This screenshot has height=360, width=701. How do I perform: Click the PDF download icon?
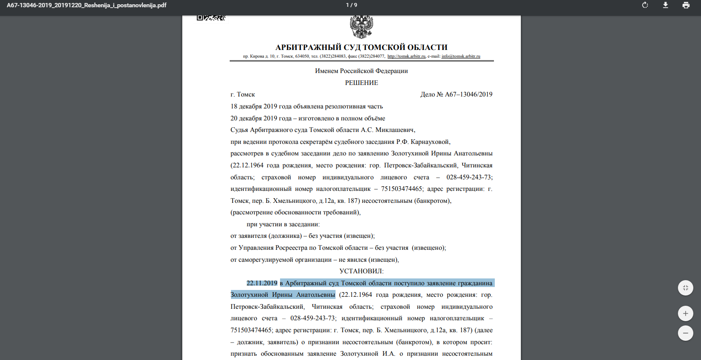point(666,5)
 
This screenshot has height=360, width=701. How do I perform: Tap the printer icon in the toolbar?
point(686,5)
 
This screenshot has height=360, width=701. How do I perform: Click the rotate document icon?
point(645,5)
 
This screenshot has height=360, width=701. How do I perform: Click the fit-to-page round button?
point(685,288)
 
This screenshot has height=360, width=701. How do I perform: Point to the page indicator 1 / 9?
point(351,5)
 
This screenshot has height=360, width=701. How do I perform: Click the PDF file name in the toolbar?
point(87,5)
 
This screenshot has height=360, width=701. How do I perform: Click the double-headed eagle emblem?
point(361,27)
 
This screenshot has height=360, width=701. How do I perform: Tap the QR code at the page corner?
point(211,18)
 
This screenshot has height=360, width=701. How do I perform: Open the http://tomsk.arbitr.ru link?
point(406,56)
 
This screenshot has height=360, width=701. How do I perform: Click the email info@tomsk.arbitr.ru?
point(461,56)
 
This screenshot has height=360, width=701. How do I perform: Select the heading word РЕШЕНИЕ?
point(362,83)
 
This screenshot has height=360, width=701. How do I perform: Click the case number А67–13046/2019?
point(468,94)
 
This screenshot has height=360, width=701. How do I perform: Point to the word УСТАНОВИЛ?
point(361,271)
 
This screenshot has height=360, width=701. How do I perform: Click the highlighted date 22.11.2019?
point(262,283)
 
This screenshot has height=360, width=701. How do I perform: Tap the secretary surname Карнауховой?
point(430,142)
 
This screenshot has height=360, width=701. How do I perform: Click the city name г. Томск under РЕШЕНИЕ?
point(242,94)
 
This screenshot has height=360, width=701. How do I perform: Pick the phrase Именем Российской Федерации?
point(361,71)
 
